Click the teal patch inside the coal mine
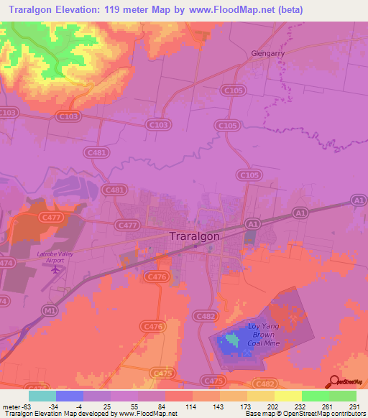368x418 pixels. coord(231,338)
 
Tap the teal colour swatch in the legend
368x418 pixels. coord(42,396)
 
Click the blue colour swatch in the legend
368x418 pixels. coord(70,396)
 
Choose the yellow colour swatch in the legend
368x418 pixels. coord(287,396)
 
